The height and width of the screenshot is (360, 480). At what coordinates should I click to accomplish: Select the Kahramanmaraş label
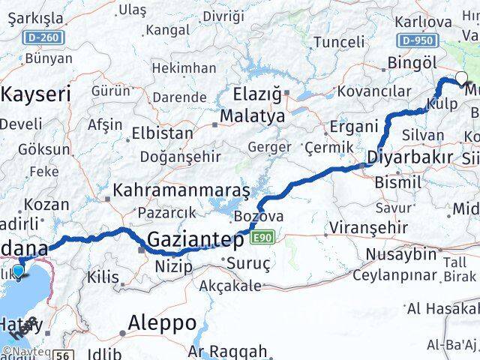181,190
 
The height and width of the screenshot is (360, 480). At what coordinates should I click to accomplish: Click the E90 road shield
262,238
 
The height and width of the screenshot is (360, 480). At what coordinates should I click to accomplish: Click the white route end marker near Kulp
461,76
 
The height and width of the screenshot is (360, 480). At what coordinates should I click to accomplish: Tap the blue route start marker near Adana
19,271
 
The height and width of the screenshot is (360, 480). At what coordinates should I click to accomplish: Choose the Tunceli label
338,41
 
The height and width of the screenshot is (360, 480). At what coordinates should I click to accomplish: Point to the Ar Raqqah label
227,351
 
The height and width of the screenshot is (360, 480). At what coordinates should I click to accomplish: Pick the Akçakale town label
230,286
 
